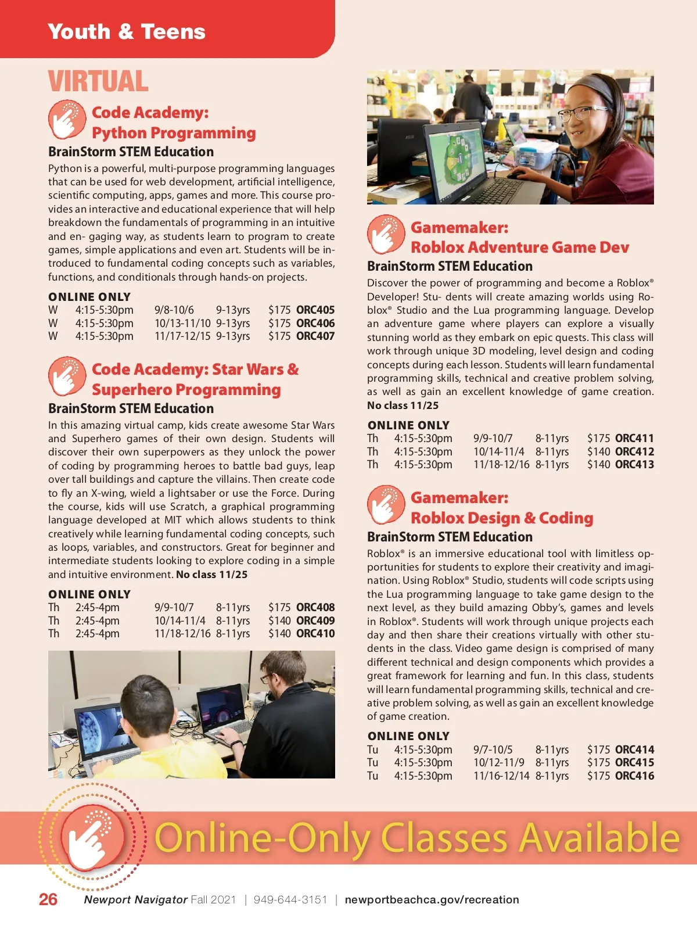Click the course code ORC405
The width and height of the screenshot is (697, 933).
click(315, 310)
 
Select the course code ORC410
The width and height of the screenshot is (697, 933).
click(315, 634)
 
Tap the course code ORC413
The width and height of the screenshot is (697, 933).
click(634, 465)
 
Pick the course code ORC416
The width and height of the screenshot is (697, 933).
click(634, 776)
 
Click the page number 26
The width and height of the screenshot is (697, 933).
click(48, 899)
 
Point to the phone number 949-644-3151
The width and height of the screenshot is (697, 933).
click(290, 900)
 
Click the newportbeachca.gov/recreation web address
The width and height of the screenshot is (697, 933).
click(432, 900)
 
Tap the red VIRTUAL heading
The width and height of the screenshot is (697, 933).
click(98, 81)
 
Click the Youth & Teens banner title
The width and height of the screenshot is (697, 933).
click(127, 32)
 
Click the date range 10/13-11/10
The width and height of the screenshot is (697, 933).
click(182, 324)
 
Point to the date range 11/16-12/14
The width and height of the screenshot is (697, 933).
click(501, 776)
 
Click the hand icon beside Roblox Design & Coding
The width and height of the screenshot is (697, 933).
click(386, 504)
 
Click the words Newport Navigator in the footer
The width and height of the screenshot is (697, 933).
click(135, 900)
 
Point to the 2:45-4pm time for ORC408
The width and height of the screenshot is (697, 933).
click(97, 608)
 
